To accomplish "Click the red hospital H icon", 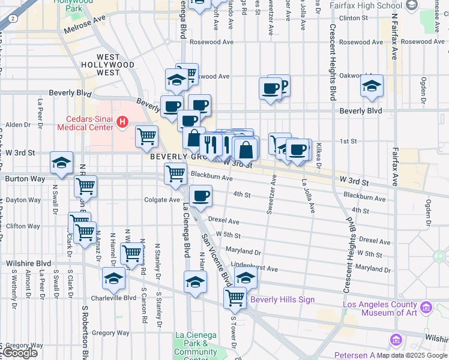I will click(123, 122).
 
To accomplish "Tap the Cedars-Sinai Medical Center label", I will click(85, 122).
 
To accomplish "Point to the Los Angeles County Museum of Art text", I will click(379, 308).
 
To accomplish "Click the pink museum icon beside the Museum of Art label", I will click(427, 308).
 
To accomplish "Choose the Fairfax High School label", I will click(367, 5).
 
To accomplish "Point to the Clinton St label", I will click(353, 19).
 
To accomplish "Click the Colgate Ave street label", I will click(162, 200).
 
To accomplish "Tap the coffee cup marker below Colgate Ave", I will click(200, 196).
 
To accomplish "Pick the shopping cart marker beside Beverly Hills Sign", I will click(235, 297).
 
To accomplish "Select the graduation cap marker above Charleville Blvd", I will click(113, 278).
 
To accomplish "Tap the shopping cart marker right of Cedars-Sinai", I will click(146, 137).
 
